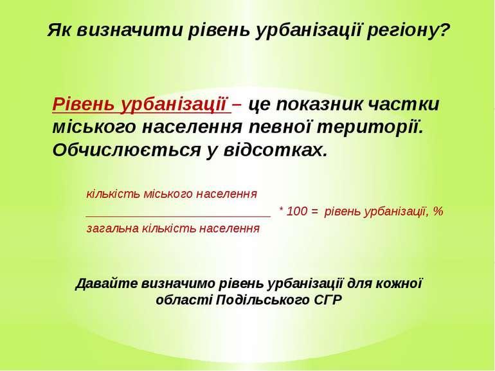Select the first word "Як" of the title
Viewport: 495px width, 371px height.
click(60, 30)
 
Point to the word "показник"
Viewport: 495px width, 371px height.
click(319, 104)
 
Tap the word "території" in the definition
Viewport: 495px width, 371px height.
click(370, 127)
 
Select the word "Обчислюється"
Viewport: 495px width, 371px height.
click(126, 150)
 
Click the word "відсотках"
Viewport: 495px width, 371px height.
click(275, 150)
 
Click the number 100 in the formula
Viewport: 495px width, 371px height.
click(297, 212)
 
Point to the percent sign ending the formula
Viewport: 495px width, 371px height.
click(438, 212)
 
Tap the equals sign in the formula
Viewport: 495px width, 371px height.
click(314, 212)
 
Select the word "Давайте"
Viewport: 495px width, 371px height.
click(107, 284)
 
